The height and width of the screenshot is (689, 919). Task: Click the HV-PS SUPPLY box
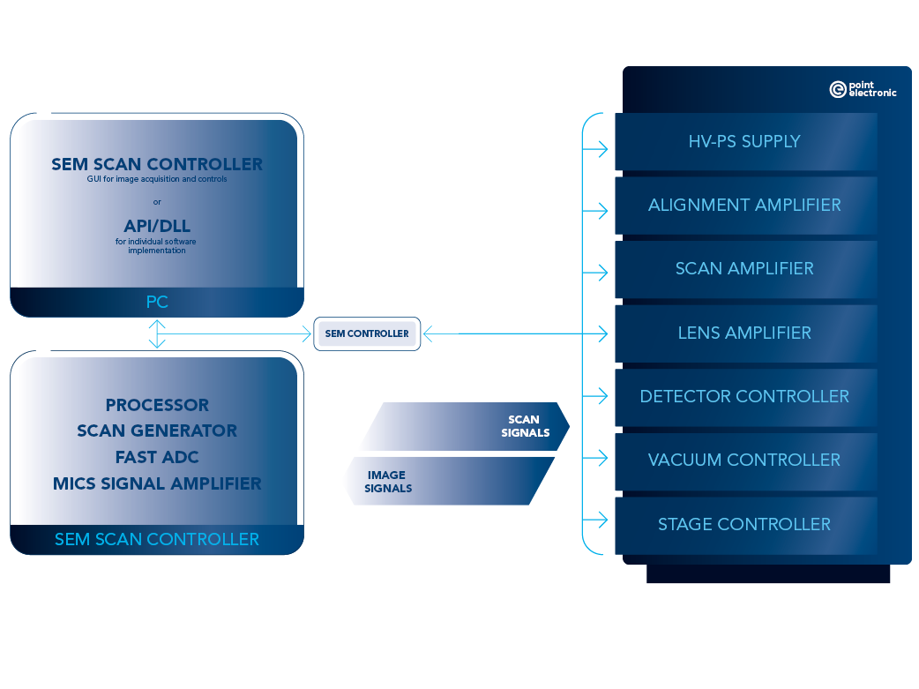click(745, 141)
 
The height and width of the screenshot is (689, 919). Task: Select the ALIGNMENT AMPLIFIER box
click(745, 205)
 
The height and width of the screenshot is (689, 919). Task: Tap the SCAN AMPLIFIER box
click(745, 268)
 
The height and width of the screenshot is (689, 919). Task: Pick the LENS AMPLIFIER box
click(745, 333)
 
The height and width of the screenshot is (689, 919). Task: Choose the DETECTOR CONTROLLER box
click(745, 396)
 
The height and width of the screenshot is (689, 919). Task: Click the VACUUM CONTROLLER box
click(745, 460)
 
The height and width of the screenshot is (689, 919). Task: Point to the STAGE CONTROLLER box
click(745, 524)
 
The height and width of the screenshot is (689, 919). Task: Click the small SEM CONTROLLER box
click(367, 333)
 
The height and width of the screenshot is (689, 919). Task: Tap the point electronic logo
click(862, 89)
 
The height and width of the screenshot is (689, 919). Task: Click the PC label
click(157, 303)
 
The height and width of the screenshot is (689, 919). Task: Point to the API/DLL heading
click(157, 226)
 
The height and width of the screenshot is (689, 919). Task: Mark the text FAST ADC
click(157, 457)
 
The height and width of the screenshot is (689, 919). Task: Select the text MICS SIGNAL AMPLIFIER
click(157, 483)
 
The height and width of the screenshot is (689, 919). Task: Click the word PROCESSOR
click(157, 405)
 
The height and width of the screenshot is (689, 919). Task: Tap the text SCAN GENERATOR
click(157, 431)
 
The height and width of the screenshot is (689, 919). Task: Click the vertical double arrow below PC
click(157, 333)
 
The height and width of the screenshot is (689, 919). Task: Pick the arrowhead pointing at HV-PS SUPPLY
click(602, 148)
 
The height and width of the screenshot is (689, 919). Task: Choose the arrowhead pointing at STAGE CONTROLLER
click(602, 520)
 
